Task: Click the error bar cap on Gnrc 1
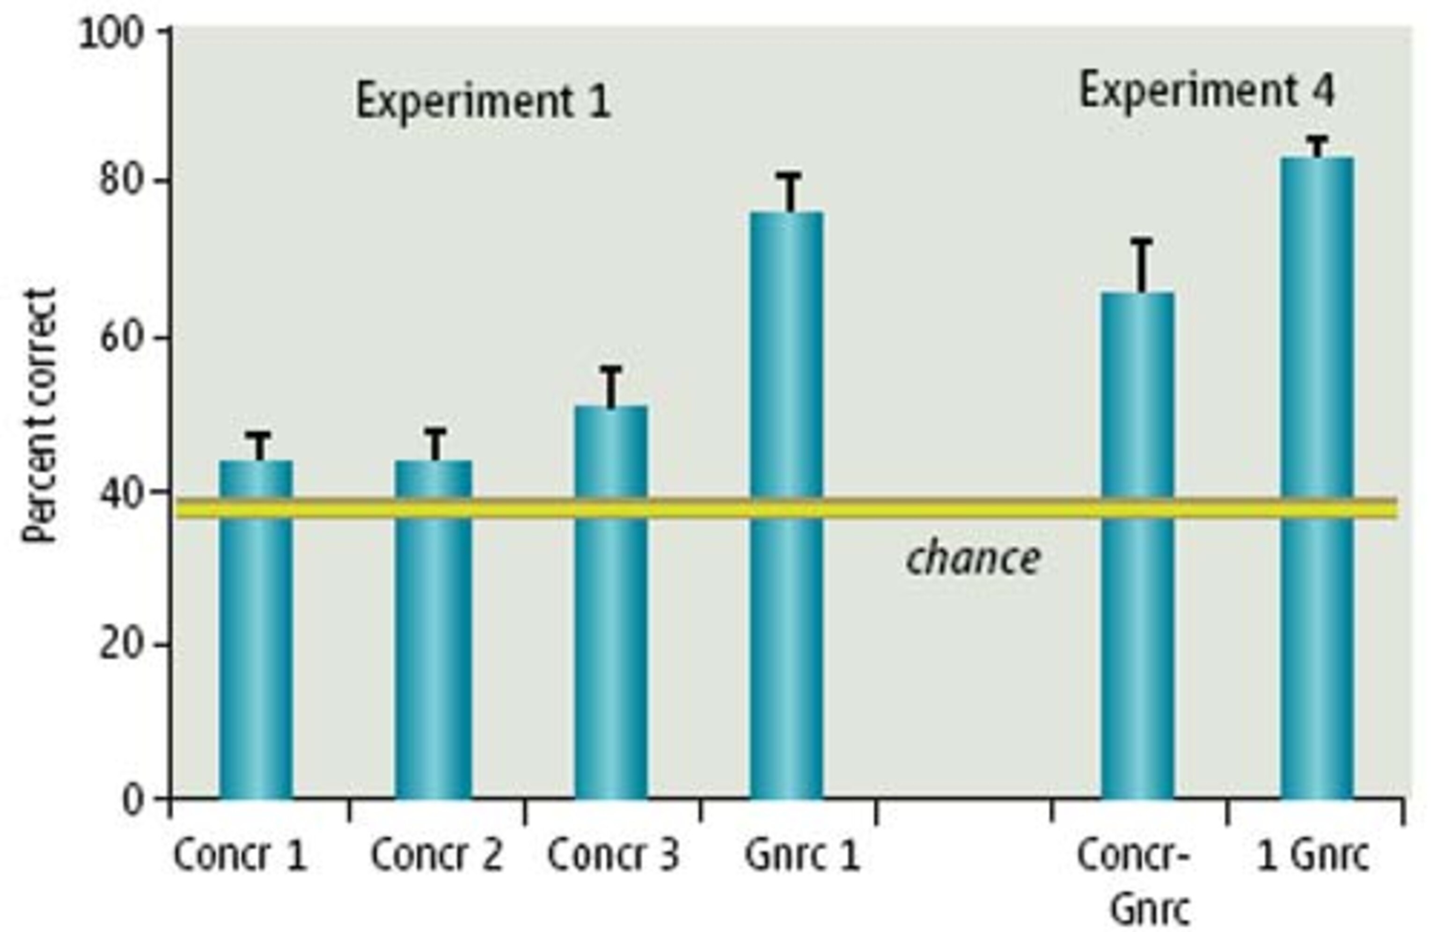[788, 176]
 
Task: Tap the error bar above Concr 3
[611, 386]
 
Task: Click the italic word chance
[973, 559]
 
